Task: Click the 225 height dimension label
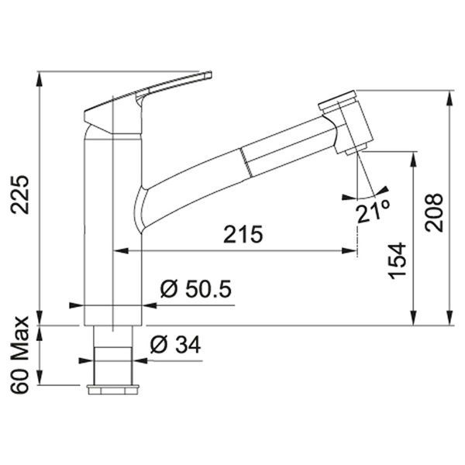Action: [x=20, y=195]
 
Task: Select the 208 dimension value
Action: [x=433, y=212]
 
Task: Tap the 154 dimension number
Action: [x=398, y=260]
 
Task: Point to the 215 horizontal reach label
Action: [x=243, y=234]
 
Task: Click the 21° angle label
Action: [x=374, y=211]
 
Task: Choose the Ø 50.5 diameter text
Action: [x=196, y=289]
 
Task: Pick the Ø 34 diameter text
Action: [x=175, y=345]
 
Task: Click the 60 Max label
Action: [x=20, y=355]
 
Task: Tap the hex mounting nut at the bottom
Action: [x=113, y=390]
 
